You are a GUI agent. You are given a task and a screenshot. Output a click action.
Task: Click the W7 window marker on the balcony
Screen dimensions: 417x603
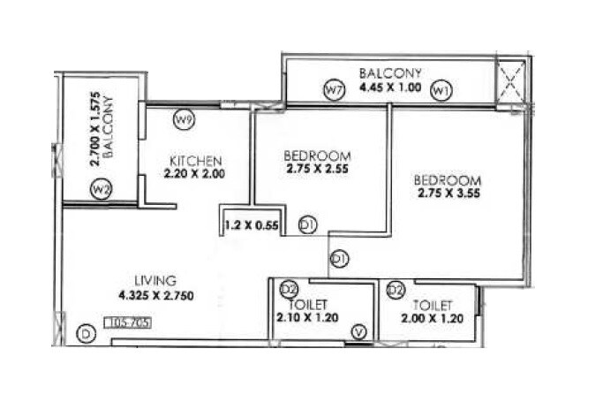pyautogui.click(x=333, y=89)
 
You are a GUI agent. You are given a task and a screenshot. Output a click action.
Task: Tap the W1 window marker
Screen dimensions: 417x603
pyautogui.click(x=441, y=89)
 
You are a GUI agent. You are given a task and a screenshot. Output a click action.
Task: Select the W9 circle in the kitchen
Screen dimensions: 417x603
pyautogui.click(x=184, y=118)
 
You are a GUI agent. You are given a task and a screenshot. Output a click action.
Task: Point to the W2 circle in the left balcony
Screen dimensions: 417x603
pyautogui.click(x=101, y=188)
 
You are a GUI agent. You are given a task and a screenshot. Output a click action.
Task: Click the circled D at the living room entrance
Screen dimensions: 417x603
pyautogui.click(x=86, y=333)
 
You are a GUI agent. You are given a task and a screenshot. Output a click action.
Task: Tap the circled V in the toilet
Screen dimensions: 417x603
pyautogui.click(x=358, y=332)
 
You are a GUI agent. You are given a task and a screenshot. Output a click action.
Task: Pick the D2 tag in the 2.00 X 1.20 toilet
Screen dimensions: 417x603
pyautogui.click(x=396, y=290)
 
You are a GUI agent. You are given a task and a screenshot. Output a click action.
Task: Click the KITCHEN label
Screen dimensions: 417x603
pyautogui.click(x=195, y=161)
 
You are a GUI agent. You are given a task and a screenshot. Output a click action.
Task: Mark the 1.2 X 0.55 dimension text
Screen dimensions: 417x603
pyautogui.click(x=251, y=225)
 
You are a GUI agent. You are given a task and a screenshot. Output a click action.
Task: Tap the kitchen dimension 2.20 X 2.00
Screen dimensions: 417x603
pyautogui.click(x=194, y=174)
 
